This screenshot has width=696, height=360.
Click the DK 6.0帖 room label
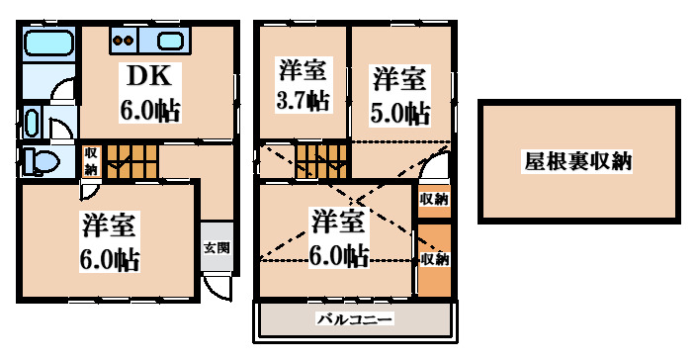(150, 92)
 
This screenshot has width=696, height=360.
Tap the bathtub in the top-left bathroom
(46, 45)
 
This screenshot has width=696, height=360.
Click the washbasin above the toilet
(32, 124)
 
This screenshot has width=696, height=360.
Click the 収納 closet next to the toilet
(91, 160)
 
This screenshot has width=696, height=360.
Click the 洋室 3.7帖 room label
(302, 85)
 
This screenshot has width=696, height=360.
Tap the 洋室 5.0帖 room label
(400, 94)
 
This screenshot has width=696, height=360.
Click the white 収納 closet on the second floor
(434, 199)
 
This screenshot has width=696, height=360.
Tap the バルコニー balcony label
(356, 318)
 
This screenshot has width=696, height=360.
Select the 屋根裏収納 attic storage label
(578, 160)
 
